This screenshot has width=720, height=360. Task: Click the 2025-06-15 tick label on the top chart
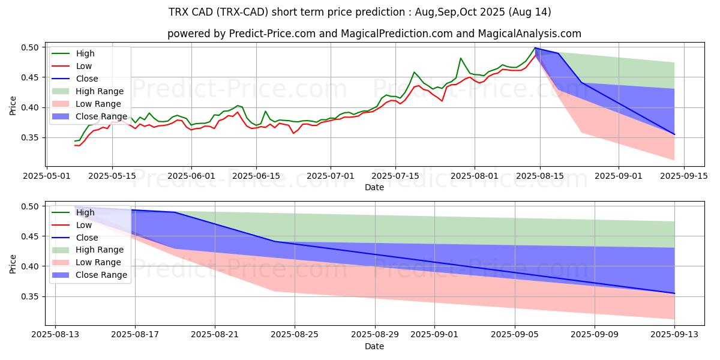click(x=256, y=176)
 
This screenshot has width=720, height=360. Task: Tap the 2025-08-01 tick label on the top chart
click(x=475, y=176)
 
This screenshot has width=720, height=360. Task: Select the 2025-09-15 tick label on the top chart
click(x=685, y=176)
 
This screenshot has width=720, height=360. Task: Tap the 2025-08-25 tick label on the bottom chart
click(x=295, y=335)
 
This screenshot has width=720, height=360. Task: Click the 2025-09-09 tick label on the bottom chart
click(x=595, y=335)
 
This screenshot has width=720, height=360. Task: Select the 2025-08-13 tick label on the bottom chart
click(x=55, y=335)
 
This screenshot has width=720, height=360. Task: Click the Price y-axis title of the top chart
click(x=13, y=106)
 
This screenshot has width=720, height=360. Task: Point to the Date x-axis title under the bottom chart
click(x=374, y=346)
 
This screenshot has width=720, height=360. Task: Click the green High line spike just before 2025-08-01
click(x=461, y=58)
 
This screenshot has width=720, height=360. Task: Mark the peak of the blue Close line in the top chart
click(x=535, y=48)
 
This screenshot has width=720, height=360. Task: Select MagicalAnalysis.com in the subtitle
click(x=530, y=34)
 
